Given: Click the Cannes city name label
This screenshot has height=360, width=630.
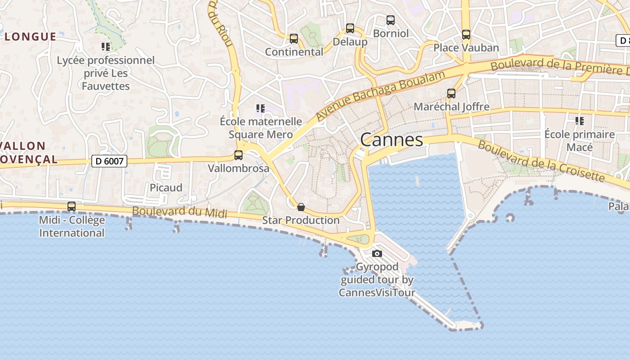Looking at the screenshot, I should click(391, 140).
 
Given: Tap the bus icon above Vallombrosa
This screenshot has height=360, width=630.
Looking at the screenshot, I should click(238, 155).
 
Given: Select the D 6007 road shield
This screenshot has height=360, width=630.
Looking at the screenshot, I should click(109, 161).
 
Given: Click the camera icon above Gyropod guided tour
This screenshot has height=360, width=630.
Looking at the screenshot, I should click(377, 254).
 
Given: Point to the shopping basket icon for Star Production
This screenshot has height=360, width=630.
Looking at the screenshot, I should click(301, 207).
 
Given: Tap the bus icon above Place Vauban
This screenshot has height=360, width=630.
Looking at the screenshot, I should click(466, 34).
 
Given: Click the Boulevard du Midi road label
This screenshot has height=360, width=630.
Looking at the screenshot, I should click(180, 211).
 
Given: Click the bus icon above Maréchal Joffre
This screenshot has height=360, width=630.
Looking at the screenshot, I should click(451, 94).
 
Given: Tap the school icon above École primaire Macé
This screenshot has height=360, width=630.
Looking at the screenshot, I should click(580, 121).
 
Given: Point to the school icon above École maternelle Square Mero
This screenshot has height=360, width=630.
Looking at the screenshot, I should click(261, 108).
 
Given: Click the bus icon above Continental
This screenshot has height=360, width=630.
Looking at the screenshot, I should click(294, 39).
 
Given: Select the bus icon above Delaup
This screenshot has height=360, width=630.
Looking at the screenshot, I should click(350, 28).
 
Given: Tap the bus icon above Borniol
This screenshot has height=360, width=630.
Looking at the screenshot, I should click(391, 20).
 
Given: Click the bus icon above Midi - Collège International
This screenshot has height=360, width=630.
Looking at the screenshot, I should click(72, 207).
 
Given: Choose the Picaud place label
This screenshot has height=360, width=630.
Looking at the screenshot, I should click(166, 188).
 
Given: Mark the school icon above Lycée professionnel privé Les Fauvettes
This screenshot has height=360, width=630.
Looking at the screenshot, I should click(106, 46).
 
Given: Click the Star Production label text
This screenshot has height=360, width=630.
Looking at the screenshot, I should click(301, 220).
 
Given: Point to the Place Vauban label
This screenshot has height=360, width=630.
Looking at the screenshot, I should click(466, 48).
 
